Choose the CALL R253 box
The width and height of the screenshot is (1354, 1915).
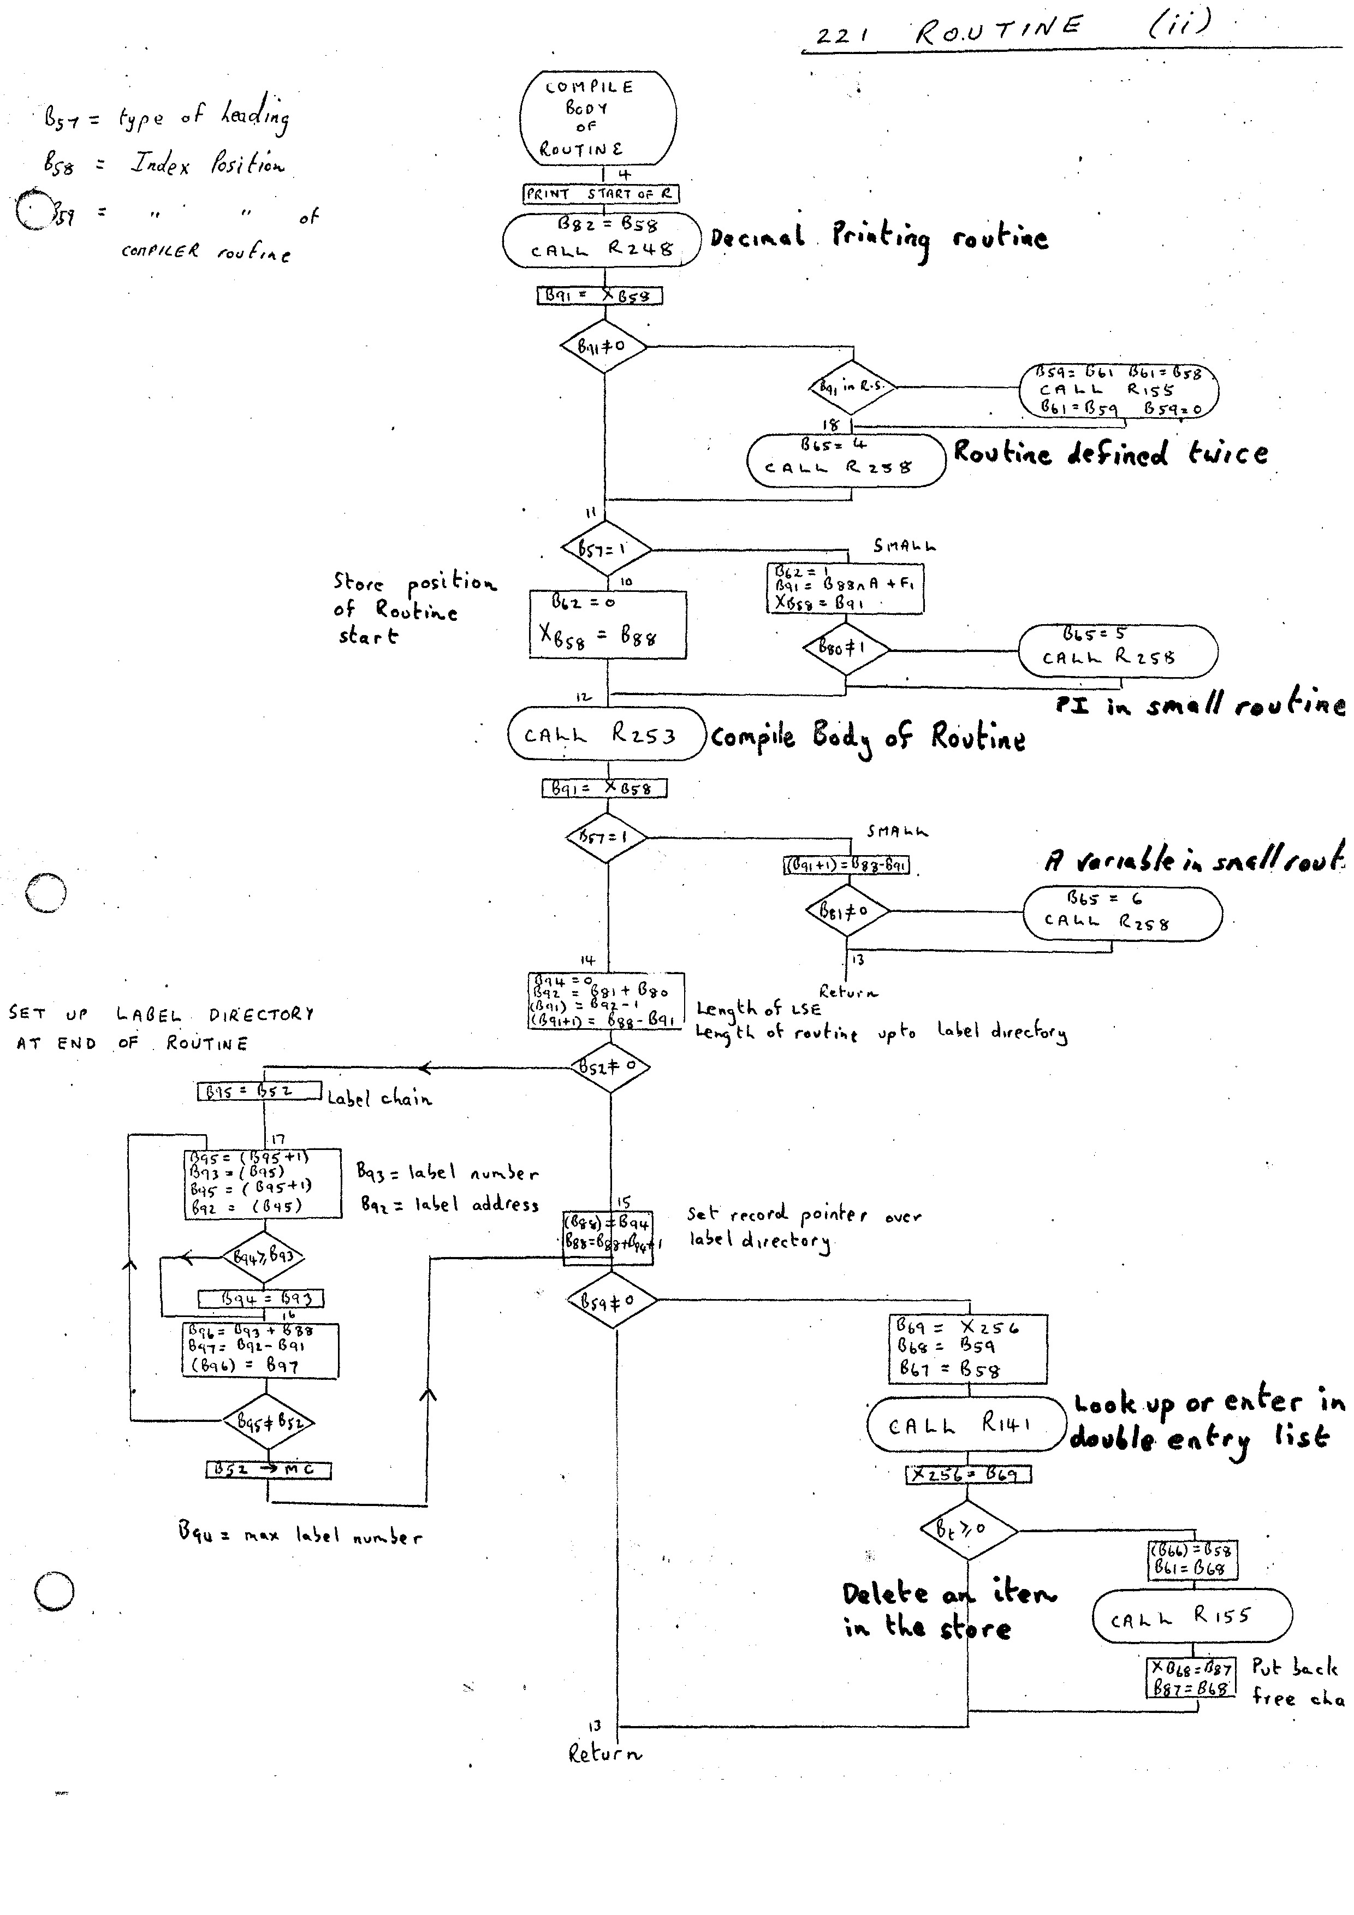point(606,735)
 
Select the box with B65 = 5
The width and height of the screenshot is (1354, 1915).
point(1117,650)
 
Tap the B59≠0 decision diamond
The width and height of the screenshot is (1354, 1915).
point(613,1300)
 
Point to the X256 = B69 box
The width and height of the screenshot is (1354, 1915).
point(968,1475)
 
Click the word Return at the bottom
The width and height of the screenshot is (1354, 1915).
point(604,1777)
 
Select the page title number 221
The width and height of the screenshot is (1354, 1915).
point(843,37)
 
